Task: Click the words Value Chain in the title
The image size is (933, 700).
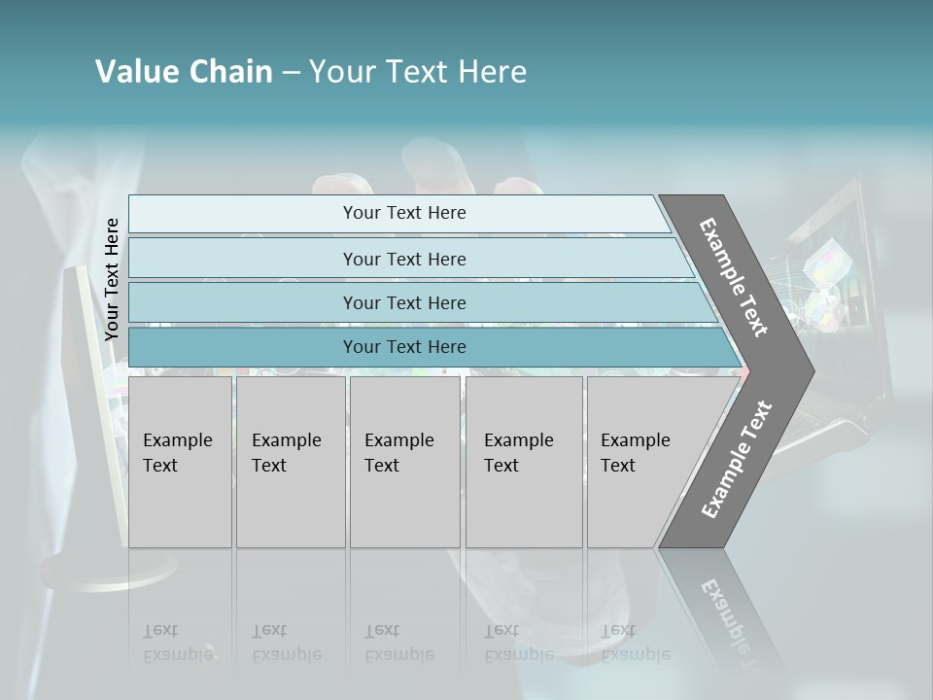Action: click(184, 72)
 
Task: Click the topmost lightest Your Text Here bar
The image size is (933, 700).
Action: click(403, 213)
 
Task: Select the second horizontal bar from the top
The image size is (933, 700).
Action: click(403, 259)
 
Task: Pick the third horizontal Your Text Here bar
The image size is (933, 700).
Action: click(403, 302)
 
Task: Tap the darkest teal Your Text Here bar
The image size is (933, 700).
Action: click(403, 347)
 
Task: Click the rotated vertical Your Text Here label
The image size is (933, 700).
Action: click(112, 279)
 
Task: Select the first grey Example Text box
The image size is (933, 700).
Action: click(180, 462)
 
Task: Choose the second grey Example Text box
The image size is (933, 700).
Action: click(290, 462)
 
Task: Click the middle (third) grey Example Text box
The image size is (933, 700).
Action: click(404, 462)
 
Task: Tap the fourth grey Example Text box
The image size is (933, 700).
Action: click(523, 462)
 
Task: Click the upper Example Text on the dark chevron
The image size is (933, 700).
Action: click(734, 277)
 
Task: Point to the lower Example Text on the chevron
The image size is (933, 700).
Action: click(737, 459)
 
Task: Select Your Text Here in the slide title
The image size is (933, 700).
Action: click(418, 72)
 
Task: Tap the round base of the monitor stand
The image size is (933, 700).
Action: click(107, 569)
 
